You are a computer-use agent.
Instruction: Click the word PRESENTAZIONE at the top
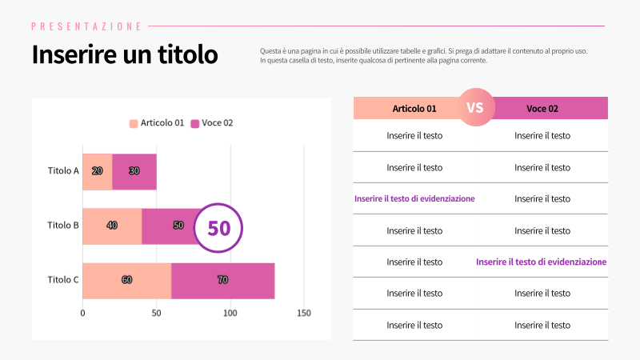86,26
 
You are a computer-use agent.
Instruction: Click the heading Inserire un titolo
124,55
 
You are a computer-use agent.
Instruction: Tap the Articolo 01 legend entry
157,123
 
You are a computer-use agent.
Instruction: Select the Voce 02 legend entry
212,123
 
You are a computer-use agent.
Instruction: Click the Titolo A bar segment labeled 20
97,170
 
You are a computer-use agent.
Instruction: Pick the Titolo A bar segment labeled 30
134,170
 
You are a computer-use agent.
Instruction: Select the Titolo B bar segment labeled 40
112,226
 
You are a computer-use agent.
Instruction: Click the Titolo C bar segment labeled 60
126,280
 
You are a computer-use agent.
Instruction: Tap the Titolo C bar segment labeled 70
222,280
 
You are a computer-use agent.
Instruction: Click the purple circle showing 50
218,228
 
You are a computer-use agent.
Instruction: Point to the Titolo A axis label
63,170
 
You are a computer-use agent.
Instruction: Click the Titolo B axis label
63,226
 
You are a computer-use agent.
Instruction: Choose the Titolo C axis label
63,280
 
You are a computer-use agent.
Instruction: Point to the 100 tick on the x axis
230,313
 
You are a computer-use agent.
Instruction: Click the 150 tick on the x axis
304,313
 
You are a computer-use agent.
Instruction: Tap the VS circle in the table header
475,108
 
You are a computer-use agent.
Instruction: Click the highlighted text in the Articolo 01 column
414,198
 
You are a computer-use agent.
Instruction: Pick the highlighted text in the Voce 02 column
542,262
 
